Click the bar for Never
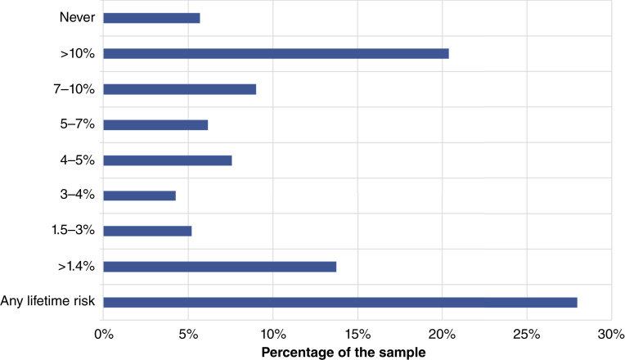point(151,18)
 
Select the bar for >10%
point(276,53)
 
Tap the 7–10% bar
point(179,89)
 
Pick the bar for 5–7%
point(155,125)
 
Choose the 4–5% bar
point(168,160)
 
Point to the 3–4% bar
point(139,196)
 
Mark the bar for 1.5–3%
point(147,232)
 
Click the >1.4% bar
point(219,267)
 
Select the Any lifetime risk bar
point(340,302)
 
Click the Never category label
point(78,17)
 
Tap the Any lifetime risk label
point(47,300)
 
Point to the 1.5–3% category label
point(74,230)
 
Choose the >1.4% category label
point(77,266)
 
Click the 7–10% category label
point(74,88)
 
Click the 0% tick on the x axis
point(104,334)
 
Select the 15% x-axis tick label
point(357,334)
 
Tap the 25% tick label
point(527,334)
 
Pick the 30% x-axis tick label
point(611,334)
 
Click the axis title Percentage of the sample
point(344,353)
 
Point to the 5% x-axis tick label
point(188,334)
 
